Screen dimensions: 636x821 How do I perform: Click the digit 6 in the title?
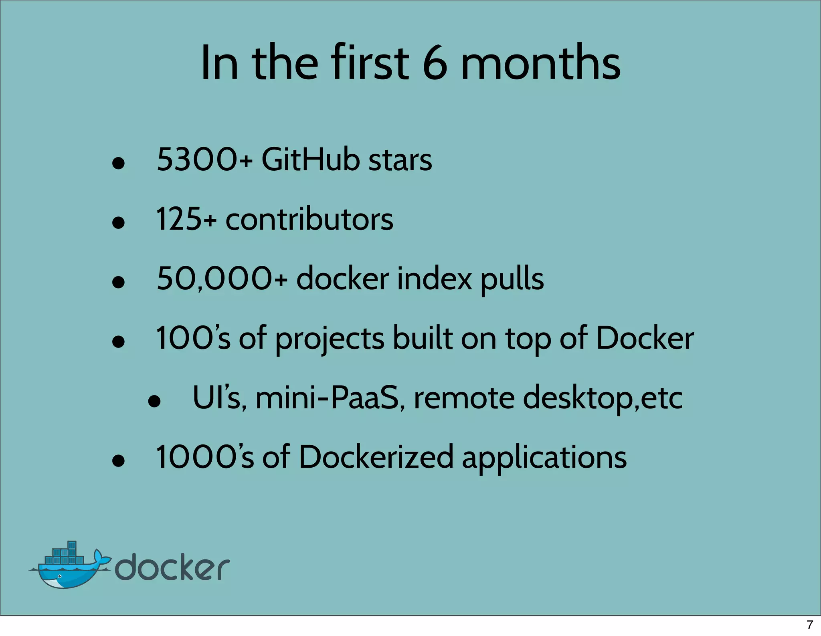[x=435, y=63]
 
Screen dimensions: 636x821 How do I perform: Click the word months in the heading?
[x=540, y=63]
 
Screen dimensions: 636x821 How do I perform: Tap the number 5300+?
[x=204, y=160]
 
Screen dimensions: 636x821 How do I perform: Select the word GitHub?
[x=311, y=160]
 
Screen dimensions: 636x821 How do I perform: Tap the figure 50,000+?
[x=222, y=279]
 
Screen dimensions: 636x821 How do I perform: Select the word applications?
[x=544, y=458]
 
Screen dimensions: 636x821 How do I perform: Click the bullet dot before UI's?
[x=154, y=401]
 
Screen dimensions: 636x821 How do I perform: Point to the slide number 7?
[x=810, y=625]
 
